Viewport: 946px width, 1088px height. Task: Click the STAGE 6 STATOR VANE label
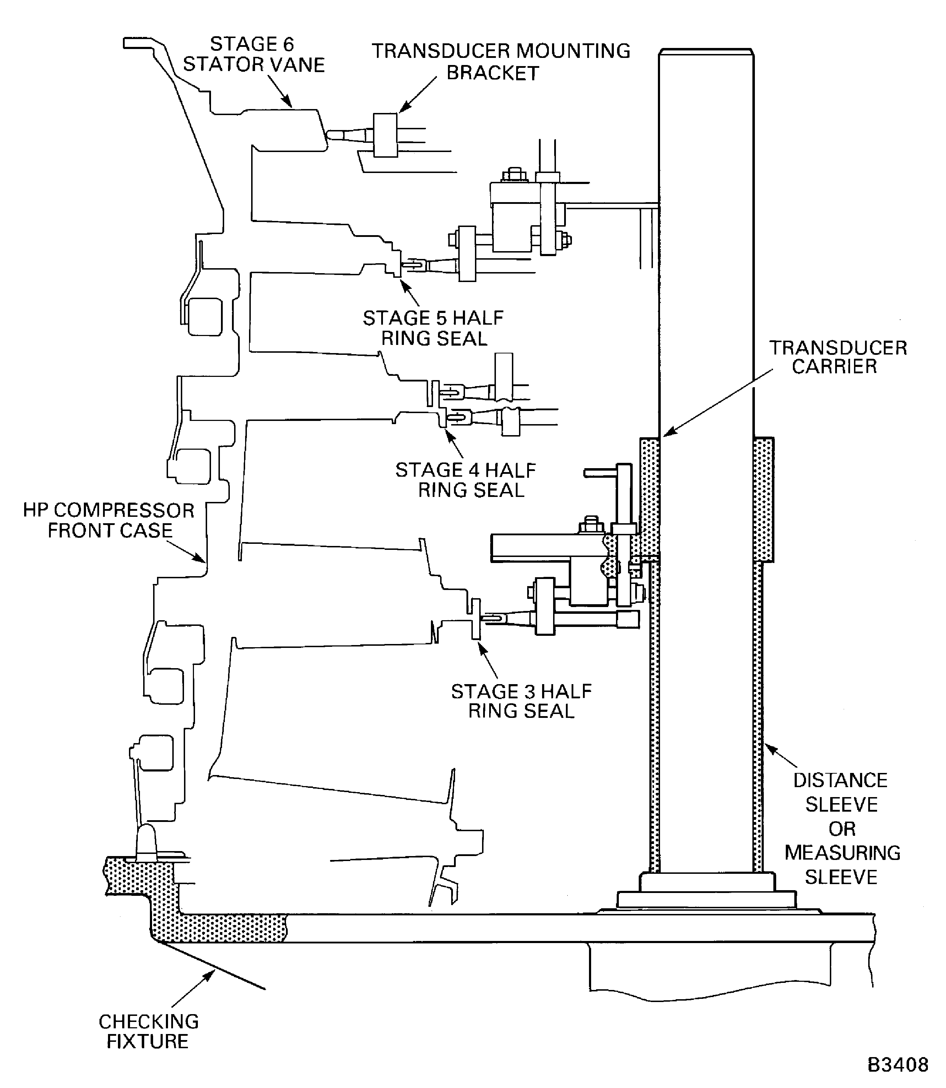253,54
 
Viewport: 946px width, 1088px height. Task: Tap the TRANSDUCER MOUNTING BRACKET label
501,62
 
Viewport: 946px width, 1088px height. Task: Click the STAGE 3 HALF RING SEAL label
521,701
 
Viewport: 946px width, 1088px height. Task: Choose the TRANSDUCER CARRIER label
838,357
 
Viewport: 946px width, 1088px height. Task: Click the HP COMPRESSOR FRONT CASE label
109,520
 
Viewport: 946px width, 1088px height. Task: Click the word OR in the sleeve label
842,829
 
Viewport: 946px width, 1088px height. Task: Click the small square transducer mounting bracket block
385,135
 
